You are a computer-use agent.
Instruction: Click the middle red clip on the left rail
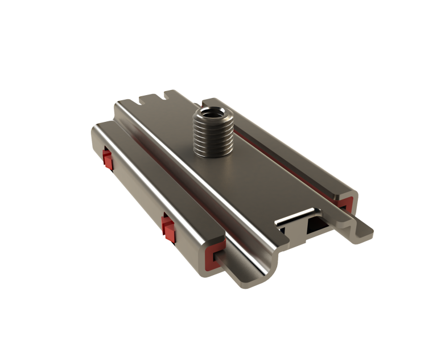coord(167,226)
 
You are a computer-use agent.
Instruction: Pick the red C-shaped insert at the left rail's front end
coord(212,254)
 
